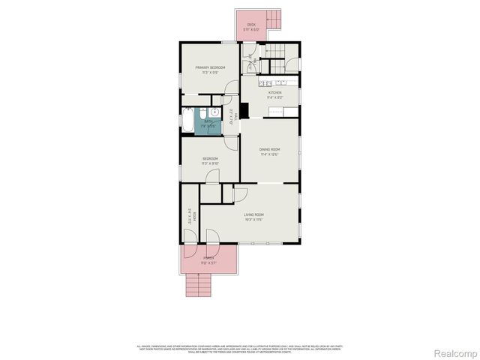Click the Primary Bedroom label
coord(211,67)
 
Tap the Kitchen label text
coord(275,92)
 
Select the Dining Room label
coord(269,150)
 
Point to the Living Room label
coord(253,214)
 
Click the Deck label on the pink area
coord(251,25)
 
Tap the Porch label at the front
coord(208,258)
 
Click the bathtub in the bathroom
coord(187,119)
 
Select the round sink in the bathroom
coord(214,111)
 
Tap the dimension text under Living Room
coord(253,220)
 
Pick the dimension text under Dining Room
coord(269,155)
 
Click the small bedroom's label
coord(210,158)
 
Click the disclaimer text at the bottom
coord(240,349)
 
